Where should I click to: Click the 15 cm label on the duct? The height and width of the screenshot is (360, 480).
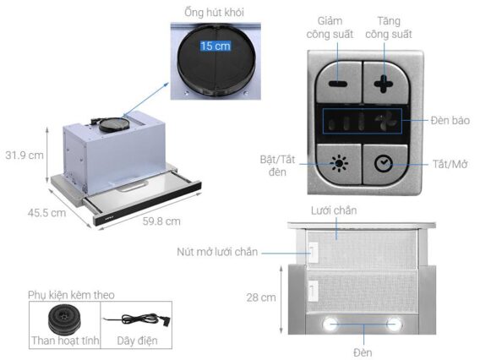click(x=215, y=46)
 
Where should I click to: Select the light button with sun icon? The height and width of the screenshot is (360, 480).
click(x=338, y=163)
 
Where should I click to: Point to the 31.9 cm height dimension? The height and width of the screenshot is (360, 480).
click(x=25, y=155)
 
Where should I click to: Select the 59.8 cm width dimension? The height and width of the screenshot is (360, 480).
click(x=161, y=221)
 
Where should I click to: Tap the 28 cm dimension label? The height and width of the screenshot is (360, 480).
click(x=261, y=297)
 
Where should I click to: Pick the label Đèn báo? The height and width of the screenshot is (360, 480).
click(x=450, y=121)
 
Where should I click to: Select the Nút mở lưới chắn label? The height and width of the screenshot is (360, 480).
click(x=216, y=252)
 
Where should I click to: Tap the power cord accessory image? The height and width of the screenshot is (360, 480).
click(x=136, y=321)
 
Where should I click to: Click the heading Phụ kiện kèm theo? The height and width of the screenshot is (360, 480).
click(x=70, y=294)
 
